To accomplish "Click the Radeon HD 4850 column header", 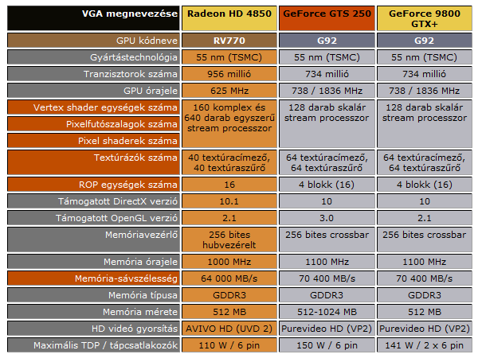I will [x=230, y=14].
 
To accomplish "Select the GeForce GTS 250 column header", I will [x=328, y=14].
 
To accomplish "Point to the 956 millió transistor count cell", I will [x=230, y=72].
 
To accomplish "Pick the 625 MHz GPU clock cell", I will [x=230, y=89].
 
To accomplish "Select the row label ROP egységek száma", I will [x=134, y=184].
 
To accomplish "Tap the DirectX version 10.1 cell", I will [x=230, y=200].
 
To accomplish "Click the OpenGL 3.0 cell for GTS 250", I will [x=328, y=217].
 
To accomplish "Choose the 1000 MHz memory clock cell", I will [x=230, y=261].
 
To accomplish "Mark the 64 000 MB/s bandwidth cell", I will [x=230, y=278].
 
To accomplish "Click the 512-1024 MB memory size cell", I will [x=328, y=311].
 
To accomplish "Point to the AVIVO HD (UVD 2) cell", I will [x=230, y=328].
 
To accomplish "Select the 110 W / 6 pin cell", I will [x=230, y=344].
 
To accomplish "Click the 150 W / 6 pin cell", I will [x=328, y=344].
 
